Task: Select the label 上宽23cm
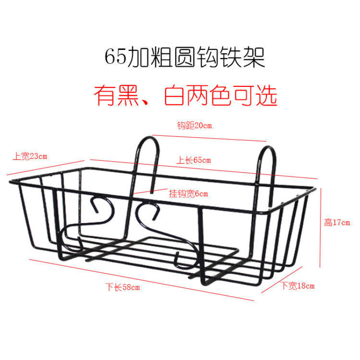(30, 157)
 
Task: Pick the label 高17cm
(337, 222)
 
